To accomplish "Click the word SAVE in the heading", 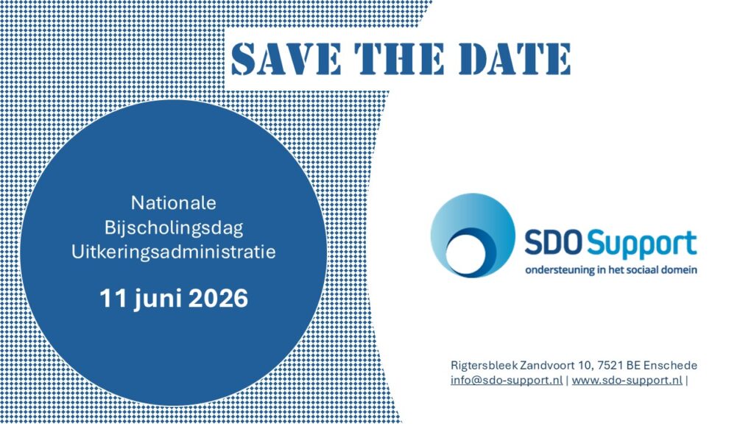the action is pyautogui.click(x=286, y=59).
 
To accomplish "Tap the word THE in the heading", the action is pyautogui.click(x=399, y=59).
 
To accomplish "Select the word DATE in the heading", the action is pyautogui.click(x=514, y=59).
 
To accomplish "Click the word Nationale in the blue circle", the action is pyautogui.click(x=174, y=203).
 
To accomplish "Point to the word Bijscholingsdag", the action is pyautogui.click(x=174, y=228).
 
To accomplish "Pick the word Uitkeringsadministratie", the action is pyautogui.click(x=174, y=252).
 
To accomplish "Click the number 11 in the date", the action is pyautogui.click(x=113, y=299).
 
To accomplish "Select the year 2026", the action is pyautogui.click(x=218, y=299).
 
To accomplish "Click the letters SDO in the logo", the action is pyautogui.click(x=554, y=243).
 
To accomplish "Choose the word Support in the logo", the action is pyautogui.click(x=642, y=245).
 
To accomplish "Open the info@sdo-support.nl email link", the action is pyautogui.click(x=507, y=381).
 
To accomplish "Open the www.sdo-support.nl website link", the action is pyautogui.click(x=627, y=381).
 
